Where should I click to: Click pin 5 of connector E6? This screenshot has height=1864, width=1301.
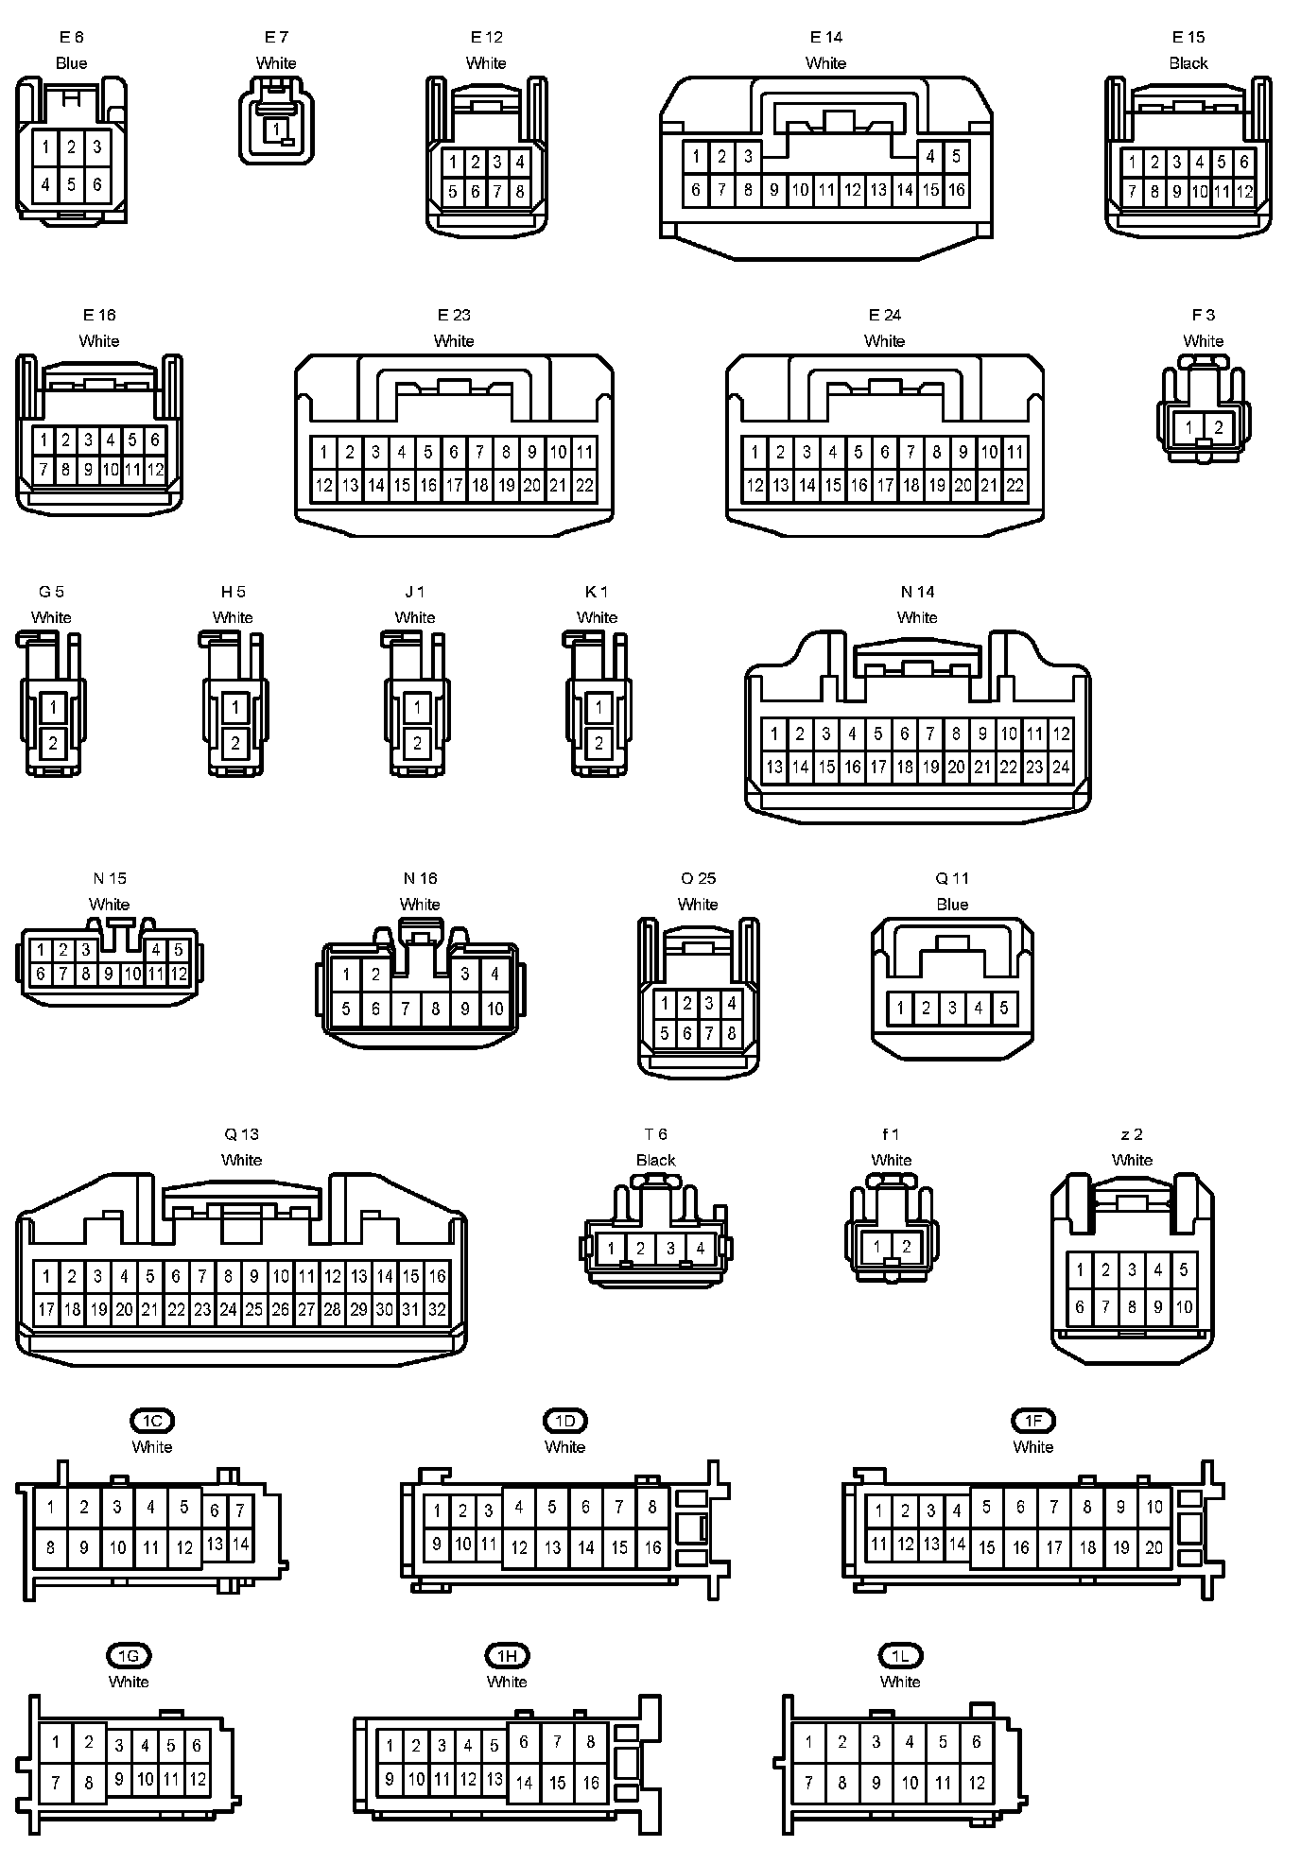(x=71, y=184)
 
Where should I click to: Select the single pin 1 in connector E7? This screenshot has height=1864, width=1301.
(x=276, y=128)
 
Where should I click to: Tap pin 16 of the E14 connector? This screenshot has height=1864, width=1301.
(x=956, y=189)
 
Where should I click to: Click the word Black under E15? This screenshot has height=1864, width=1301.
(x=1188, y=63)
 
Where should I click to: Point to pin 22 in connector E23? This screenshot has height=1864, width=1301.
(x=584, y=486)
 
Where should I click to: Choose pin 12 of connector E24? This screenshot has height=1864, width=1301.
(x=755, y=486)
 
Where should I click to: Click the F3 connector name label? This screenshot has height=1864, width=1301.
(x=1203, y=315)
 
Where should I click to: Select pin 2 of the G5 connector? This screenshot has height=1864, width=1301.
(x=53, y=744)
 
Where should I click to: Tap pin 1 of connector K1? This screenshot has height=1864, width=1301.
(x=598, y=707)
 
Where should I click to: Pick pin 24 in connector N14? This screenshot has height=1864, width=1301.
(x=1061, y=768)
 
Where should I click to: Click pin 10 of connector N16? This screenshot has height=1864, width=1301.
(x=494, y=1009)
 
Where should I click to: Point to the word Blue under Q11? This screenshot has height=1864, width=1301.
(x=952, y=905)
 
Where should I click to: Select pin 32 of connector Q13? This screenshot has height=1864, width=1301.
(x=437, y=1310)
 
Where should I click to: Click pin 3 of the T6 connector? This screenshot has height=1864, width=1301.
(x=670, y=1248)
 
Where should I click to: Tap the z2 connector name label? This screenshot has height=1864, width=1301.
(x=1132, y=1134)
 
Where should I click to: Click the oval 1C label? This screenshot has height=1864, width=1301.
(x=152, y=1421)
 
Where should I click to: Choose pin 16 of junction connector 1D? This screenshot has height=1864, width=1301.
(x=652, y=1547)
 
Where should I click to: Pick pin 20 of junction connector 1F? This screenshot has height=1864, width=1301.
(x=1154, y=1547)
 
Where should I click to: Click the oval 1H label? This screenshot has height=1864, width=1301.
(x=507, y=1655)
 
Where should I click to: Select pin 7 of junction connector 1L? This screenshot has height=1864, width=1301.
(x=808, y=1783)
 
